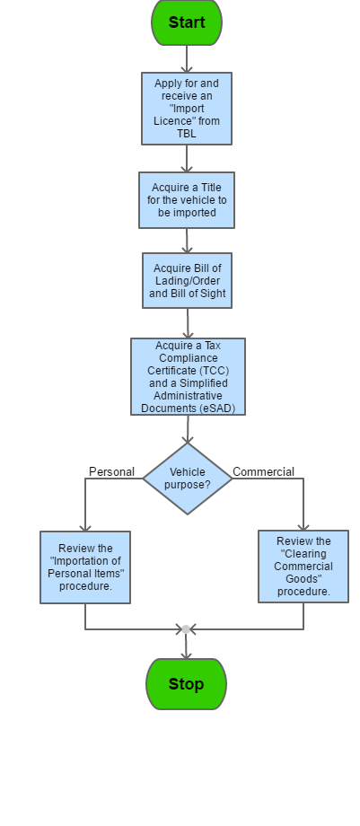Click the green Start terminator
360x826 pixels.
(187, 22)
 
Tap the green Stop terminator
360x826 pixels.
(186, 684)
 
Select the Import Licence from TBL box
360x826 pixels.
(187, 109)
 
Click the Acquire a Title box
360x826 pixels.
(187, 200)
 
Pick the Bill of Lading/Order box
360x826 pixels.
(187, 280)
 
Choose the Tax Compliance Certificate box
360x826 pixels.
(189, 377)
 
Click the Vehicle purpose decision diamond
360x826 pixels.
(188, 479)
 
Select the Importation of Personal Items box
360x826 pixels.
(85, 567)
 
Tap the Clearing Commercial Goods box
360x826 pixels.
(303, 567)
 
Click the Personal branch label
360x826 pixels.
(111, 472)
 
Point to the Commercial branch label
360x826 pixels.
(264, 472)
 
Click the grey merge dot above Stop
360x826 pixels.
(186, 629)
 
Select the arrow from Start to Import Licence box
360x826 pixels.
(187, 59)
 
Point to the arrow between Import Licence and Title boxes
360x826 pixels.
(187, 159)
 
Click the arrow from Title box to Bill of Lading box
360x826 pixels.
(187, 241)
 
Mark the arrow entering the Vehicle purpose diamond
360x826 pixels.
(188, 429)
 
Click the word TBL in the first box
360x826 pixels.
(187, 134)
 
